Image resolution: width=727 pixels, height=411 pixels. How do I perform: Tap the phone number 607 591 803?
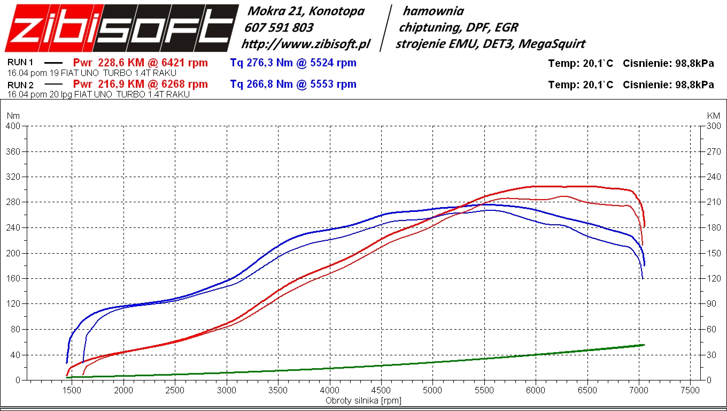279,27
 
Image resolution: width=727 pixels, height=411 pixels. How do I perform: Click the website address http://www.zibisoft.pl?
305,44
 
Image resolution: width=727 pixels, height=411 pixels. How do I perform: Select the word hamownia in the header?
433,11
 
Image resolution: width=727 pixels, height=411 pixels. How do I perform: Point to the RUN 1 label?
20,63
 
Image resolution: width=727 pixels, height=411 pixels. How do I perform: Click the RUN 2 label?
20,84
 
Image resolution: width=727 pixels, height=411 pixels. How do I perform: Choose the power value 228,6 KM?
121,63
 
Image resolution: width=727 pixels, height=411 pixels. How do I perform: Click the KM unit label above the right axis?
713,116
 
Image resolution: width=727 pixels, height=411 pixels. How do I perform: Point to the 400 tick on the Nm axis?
13,126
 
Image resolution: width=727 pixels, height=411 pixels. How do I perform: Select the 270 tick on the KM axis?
714,151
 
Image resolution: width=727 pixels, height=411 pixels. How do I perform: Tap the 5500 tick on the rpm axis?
484,391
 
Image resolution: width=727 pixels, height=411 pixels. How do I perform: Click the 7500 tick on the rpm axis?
690,391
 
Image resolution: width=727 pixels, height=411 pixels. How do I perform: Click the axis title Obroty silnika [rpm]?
363,400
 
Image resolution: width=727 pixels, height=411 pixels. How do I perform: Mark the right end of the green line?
644,345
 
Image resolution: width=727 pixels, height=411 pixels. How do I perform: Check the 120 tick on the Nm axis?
13,304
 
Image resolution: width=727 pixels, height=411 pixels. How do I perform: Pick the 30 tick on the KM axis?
711,355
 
